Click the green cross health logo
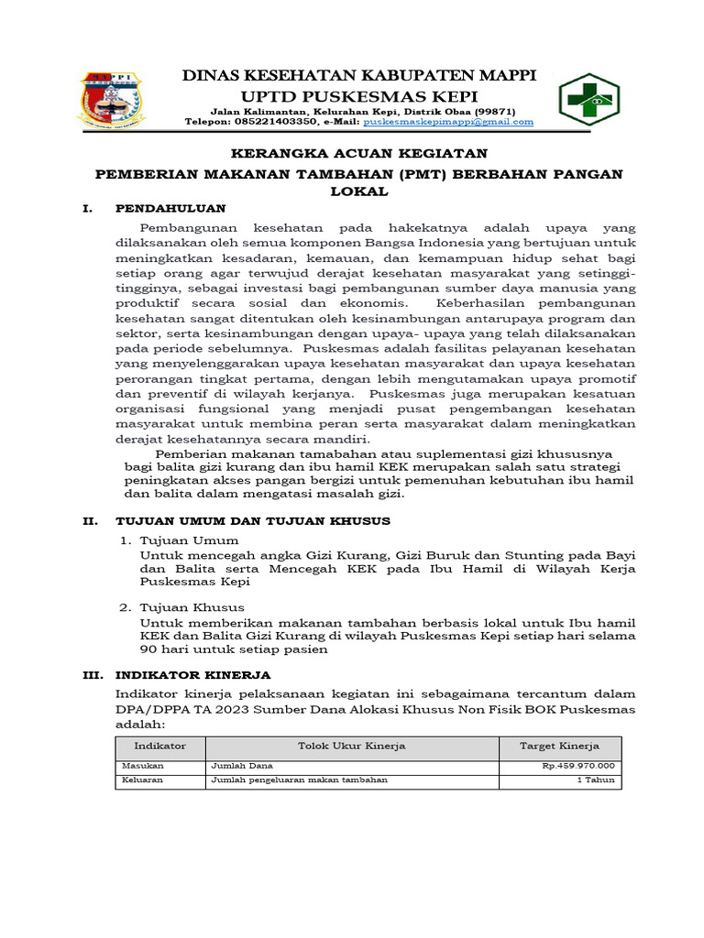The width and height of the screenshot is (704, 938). click(x=589, y=96)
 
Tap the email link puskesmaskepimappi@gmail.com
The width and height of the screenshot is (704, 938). click(x=448, y=121)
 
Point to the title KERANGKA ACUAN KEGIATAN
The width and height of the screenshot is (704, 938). click(x=358, y=153)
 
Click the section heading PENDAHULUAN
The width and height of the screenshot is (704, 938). click(x=171, y=208)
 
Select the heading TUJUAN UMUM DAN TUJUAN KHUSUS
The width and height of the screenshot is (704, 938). click(x=253, y=520)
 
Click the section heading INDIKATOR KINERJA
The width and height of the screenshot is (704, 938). click(x=192, y=674)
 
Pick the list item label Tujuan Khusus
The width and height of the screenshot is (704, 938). click(x=192, y=607)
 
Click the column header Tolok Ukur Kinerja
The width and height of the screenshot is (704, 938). click(x=352, y=746)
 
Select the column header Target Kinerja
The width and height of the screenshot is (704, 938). click(x=559, y=746)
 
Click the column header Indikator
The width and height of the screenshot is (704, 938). click(x=160, y=746)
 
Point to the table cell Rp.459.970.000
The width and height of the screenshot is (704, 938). click(x=577, y=766)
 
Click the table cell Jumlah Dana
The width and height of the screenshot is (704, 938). click(x=242, y=766)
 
